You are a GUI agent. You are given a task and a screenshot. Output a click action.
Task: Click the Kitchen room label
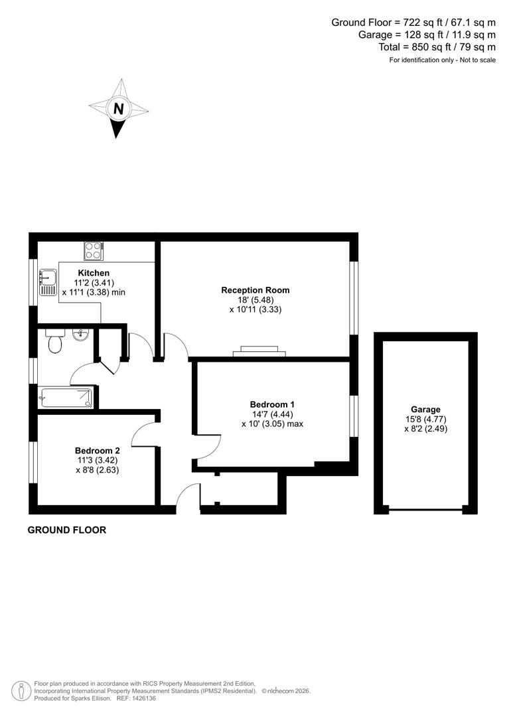(94, 273)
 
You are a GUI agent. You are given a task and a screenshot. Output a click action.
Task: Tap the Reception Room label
(255, 290)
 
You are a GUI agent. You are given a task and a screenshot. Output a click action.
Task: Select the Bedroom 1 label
(272, 404)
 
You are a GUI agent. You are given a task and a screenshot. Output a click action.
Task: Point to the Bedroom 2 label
(98, 450)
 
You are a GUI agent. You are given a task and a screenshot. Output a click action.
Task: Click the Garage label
(425, 410)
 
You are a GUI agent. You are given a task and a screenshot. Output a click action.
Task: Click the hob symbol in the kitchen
(92, 251)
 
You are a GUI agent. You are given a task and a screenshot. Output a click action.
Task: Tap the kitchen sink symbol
(48, 282)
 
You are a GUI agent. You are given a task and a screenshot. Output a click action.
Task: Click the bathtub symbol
(66, 398)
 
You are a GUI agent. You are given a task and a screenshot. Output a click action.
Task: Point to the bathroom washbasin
(80, 335)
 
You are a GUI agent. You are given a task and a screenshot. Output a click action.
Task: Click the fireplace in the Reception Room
(259, 351)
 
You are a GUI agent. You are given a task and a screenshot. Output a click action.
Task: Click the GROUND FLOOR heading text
(66, 530)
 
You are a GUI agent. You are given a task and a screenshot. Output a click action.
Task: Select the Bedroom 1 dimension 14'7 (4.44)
(272, 414)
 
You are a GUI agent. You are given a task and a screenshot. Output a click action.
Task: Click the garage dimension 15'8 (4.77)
(425, 420)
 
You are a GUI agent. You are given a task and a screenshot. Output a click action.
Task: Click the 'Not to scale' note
(474, 60)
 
